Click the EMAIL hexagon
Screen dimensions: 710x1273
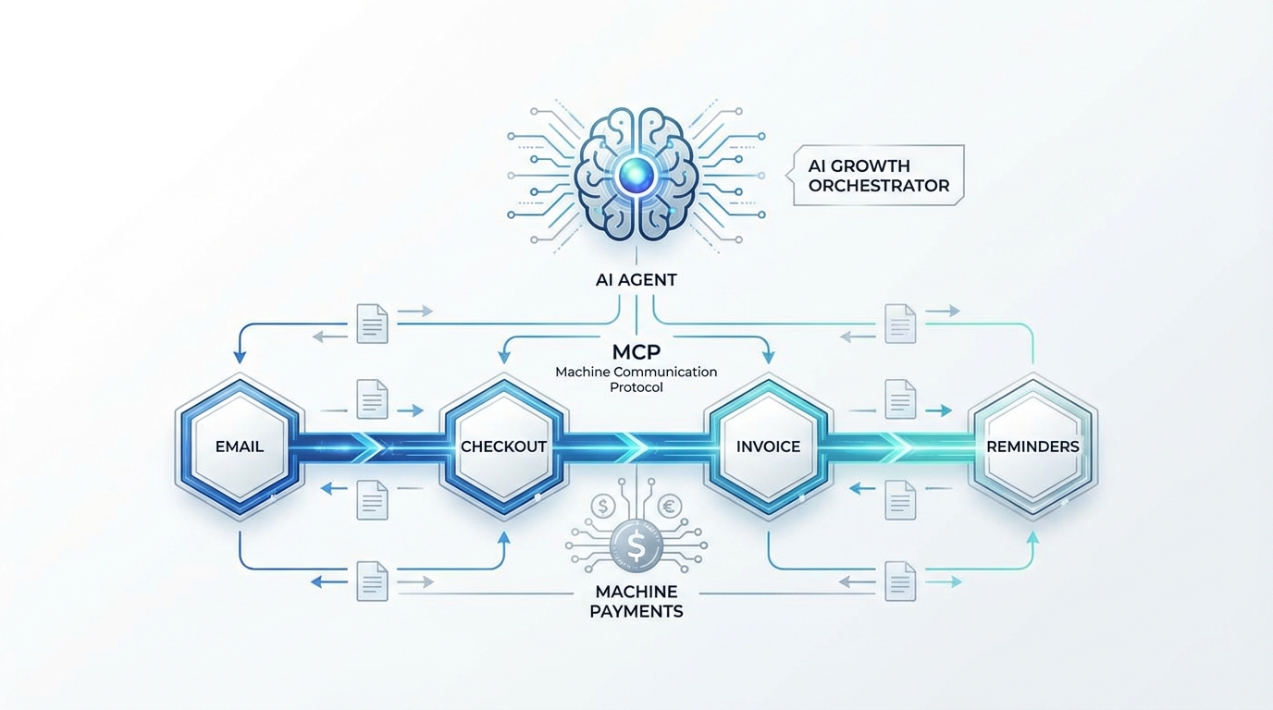pyautogui.click(x=240, y=447)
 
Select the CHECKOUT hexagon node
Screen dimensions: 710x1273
pyautogui.click(x=503, y=447)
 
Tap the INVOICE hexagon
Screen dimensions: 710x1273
pyautogui.click(x=768, y=447)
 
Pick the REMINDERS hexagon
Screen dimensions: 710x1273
pyautogui.click(x=1032, y=447)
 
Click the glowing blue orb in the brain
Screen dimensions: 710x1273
pyautogui.click(x=636, y=173)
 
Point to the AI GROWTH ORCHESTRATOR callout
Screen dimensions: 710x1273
pyautogui.click(x=878, y=175)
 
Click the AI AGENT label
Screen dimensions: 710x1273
pyautogui.click(x=636, y=279)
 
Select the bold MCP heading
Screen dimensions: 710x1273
pyautogui.click(x=636, y=352)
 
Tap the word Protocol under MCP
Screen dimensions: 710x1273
pyautogui.click(x=636, y=387)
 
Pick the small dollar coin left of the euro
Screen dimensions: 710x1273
pyautogui.click(x=603, y=506)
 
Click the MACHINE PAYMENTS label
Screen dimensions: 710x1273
pyautogui.click(x=636, y=601)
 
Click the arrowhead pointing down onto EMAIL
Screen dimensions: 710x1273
pyautogui.click(x=240, y=357)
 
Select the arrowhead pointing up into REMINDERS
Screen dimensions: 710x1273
pyautogui.click(x=1032, y=536)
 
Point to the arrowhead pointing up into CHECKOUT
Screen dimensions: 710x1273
pyautogui.click(x=503, y=536)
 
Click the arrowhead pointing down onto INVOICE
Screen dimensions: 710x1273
pyautogui.click(x=768, y=357)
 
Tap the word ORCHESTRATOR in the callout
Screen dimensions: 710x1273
pyautogui.click(x=878, y=185)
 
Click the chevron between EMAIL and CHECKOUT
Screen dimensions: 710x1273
pyautogui.click(x=370, y=447)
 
